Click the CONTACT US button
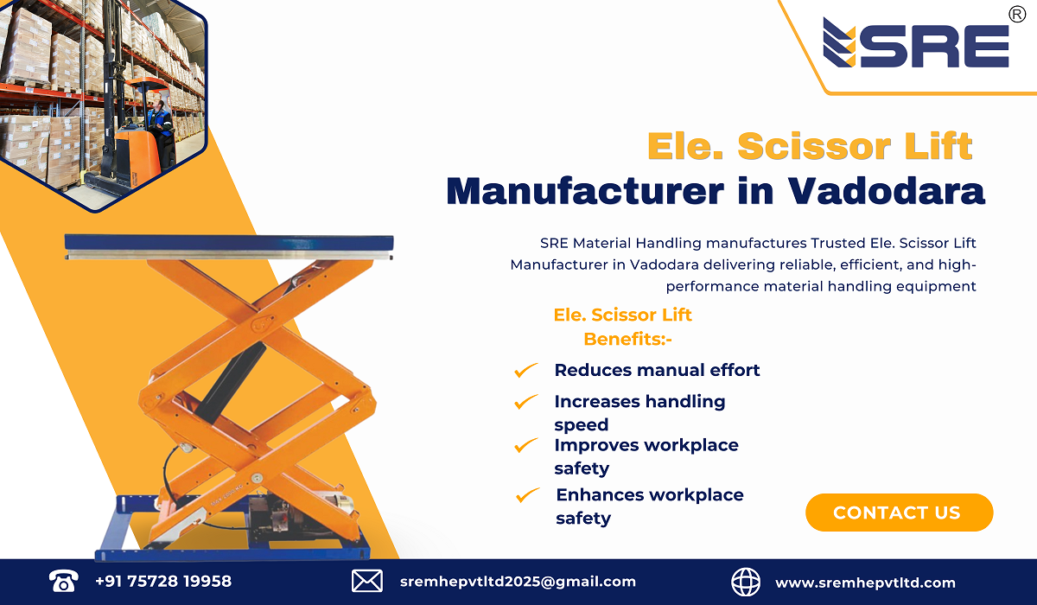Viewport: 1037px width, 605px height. (x=899, y=513)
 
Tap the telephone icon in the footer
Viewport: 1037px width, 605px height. (x=64, y=581)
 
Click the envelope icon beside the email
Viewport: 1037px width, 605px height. (x=367, y=581)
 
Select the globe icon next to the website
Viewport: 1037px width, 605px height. (x=746, y=581)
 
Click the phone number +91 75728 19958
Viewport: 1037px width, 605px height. (x=163, y=582)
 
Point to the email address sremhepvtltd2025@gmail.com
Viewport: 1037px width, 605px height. (x=518, y=582)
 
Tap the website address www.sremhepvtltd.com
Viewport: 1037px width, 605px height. (x=865, y=583)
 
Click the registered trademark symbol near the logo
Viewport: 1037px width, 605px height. (x=1017, y=13)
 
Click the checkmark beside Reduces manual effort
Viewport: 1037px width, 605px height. (x=525, y=371)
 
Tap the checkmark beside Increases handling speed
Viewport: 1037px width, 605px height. (x=525, y=402)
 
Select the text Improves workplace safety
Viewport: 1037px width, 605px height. (x=646, y=456)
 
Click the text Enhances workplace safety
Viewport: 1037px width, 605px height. (x=649, y=506)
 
